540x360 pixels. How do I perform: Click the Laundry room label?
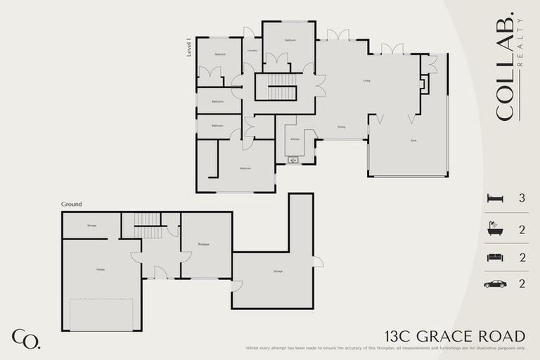(252, 51)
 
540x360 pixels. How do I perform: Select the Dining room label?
(341, 127)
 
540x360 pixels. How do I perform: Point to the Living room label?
(366, 81)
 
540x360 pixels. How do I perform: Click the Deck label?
(413, 141)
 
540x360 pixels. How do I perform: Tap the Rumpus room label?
(205, 244)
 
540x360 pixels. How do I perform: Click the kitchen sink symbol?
(293, 160)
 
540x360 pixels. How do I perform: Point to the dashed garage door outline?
(101, 314)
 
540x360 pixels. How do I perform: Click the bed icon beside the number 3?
(495, 199)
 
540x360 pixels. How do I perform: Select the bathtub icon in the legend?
(495, 229)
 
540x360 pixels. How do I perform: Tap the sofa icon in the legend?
(495, 257)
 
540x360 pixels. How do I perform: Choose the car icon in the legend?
(495, 284)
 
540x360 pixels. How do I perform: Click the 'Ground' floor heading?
(72, 205)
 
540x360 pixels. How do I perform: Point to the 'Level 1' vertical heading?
(189, 48)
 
